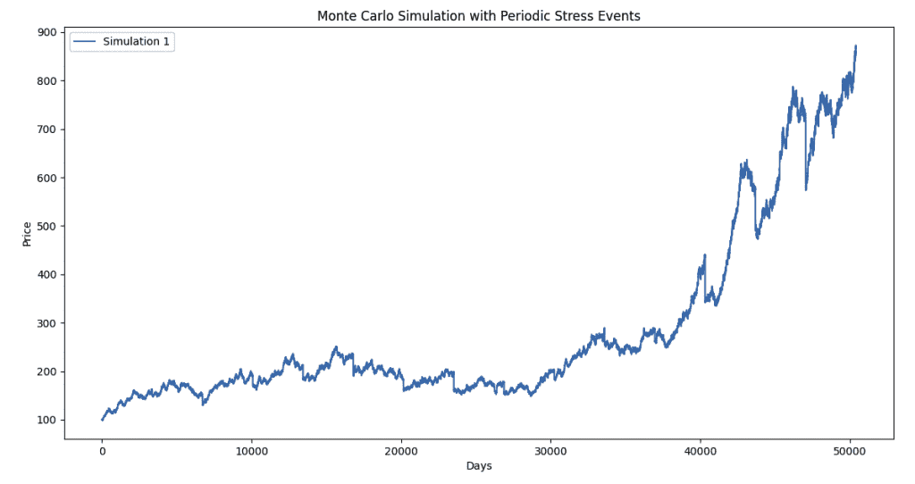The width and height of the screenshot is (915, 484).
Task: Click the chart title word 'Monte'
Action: pos(336,16)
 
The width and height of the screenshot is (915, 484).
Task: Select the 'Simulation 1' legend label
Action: pos(135,42)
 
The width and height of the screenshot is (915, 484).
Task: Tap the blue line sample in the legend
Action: pos(85,42)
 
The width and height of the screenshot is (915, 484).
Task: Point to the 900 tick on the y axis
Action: pos(46,32)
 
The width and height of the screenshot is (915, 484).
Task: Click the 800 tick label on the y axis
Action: pos(46,81)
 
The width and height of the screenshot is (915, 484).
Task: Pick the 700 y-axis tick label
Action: pos(46,129)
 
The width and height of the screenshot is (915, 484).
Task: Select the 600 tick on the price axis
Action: pos(46,178)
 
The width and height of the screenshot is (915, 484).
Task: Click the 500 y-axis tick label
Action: pos(46,226)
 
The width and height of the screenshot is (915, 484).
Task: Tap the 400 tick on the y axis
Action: pos(46,275)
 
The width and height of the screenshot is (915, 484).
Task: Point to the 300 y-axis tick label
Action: pos(46,323)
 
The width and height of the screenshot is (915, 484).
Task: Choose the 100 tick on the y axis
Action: pos(46,420)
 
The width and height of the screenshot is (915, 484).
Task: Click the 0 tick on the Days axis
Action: pos(102,451)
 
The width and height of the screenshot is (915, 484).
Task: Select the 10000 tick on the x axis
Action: pos(251,451)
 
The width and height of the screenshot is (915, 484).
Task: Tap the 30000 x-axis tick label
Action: pos(550,451)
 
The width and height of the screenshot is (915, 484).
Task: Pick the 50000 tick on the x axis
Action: pos(850,451)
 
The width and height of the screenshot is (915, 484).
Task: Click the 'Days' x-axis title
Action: pos(479,466)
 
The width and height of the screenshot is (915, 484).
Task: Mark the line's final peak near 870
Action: pos(855,46)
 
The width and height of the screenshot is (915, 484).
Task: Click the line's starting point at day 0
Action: pos(102,420)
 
